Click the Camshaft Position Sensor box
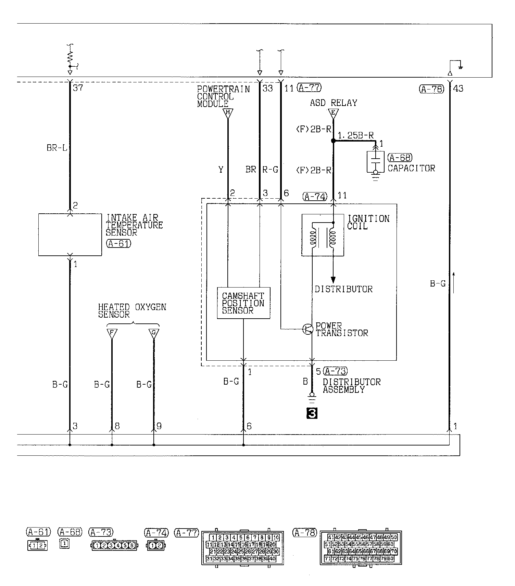tap(243, 303)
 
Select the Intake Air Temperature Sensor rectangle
tap(70, 235)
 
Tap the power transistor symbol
tap(308, 329)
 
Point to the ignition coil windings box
tap(323, 235)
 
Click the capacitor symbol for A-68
tap(376, 161)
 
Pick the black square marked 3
tap(312, 414)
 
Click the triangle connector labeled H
tap(228, 113)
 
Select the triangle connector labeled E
tap(333, 113)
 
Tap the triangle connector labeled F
tap(112, 333)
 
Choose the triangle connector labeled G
tap(154, 333)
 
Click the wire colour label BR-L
tap(57, 148)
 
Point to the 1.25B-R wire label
tap(355, 136)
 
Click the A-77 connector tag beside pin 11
tap(309, 88)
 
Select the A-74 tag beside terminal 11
tap(315, 196)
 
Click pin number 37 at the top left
tap(78, 88)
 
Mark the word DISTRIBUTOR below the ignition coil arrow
tap(343, 289)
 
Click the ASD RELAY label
tap(333, 103)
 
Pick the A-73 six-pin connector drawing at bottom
tap(114, 546)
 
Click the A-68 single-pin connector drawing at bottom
tap(64, 544)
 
